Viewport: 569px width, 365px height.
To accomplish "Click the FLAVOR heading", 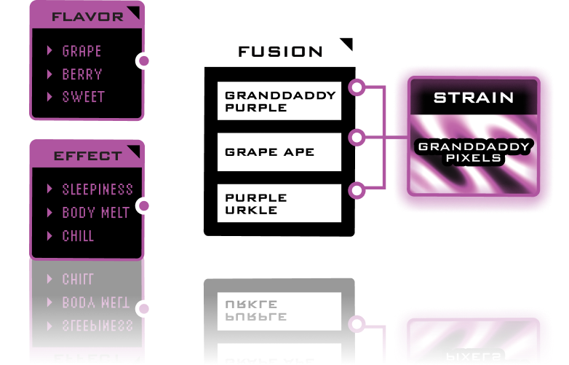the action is coord(87,17).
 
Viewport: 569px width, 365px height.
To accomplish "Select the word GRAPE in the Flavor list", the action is coord(81,51).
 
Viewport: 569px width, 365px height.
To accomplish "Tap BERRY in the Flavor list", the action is coord(82,74).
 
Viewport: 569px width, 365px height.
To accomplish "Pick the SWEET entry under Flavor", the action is coord(83,97).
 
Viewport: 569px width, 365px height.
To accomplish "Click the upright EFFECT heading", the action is coord(87,156).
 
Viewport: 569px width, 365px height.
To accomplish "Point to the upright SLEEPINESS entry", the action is coord(98,189).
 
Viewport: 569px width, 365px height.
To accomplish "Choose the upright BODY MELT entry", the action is coord(95,213).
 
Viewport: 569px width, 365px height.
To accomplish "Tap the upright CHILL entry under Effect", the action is coord(78,236).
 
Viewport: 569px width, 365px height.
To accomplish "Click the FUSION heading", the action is coord(280,52).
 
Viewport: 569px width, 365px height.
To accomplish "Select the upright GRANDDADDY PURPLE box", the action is coord(279,101).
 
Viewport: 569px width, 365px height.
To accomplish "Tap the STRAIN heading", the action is coord(474,98).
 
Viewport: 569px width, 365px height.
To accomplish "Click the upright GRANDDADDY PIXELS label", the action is coord(474,152).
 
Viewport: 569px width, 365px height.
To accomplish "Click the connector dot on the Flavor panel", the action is coord(144,60).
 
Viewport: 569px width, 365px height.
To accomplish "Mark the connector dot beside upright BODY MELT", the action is coord(144,206).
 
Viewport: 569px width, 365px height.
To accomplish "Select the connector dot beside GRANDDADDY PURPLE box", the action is coord(357,87).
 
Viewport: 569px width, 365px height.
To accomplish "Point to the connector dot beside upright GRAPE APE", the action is coord(357,137).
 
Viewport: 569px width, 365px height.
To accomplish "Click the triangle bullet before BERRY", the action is coord(49,74).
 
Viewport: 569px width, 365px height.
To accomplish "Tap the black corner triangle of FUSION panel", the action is coord(346,45).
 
